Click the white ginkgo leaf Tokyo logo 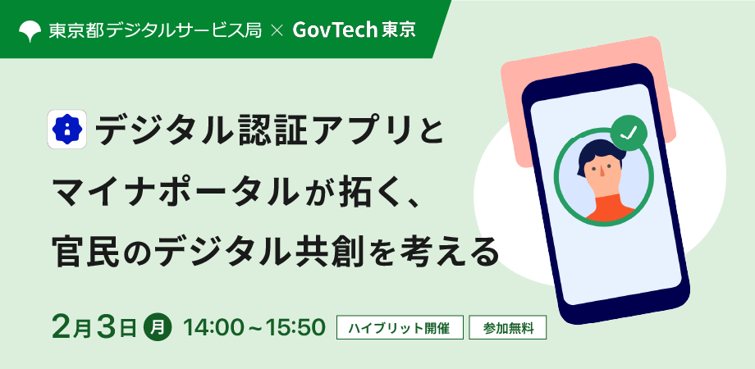30,31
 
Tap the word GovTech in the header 334,31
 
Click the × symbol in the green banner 277,31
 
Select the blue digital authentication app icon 67,130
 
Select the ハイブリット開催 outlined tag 400,328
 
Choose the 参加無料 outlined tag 508,328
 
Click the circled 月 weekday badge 158,328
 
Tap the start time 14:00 212,328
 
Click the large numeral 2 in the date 62,327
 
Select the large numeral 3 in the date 107,327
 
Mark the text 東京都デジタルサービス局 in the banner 155,31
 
